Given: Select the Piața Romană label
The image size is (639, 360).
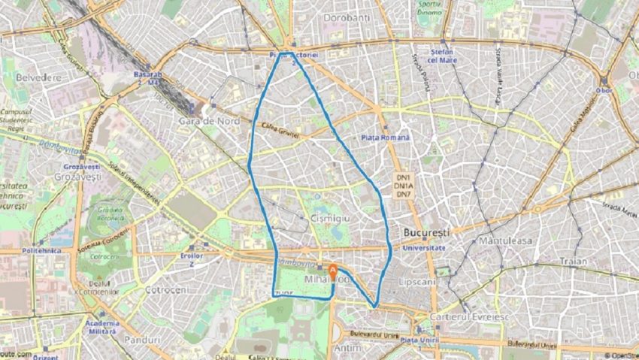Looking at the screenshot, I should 386,138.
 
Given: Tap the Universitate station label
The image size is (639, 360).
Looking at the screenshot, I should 425,247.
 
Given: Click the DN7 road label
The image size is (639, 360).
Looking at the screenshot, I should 404,195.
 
